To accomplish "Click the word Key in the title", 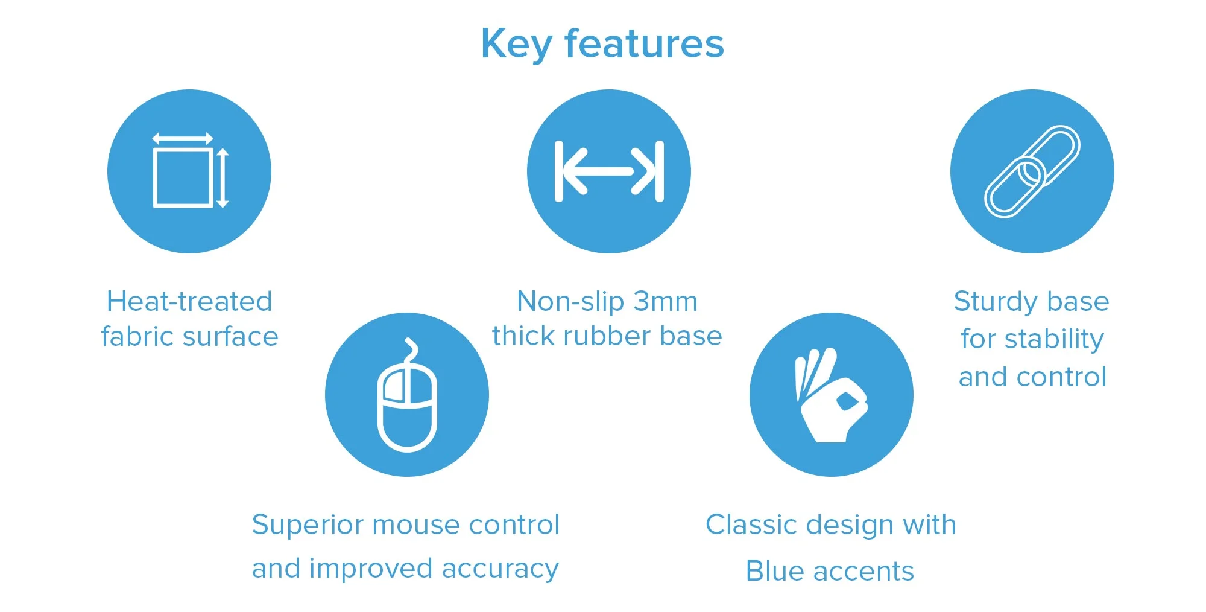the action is [517, 45].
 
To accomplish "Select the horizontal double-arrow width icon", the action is [609, 171].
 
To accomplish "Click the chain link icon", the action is [1032, 171].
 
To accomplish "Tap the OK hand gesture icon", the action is [831, 395].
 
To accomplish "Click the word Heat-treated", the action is [189, 301].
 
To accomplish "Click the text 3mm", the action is [665, 301].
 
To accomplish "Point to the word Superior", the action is [308, 525].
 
